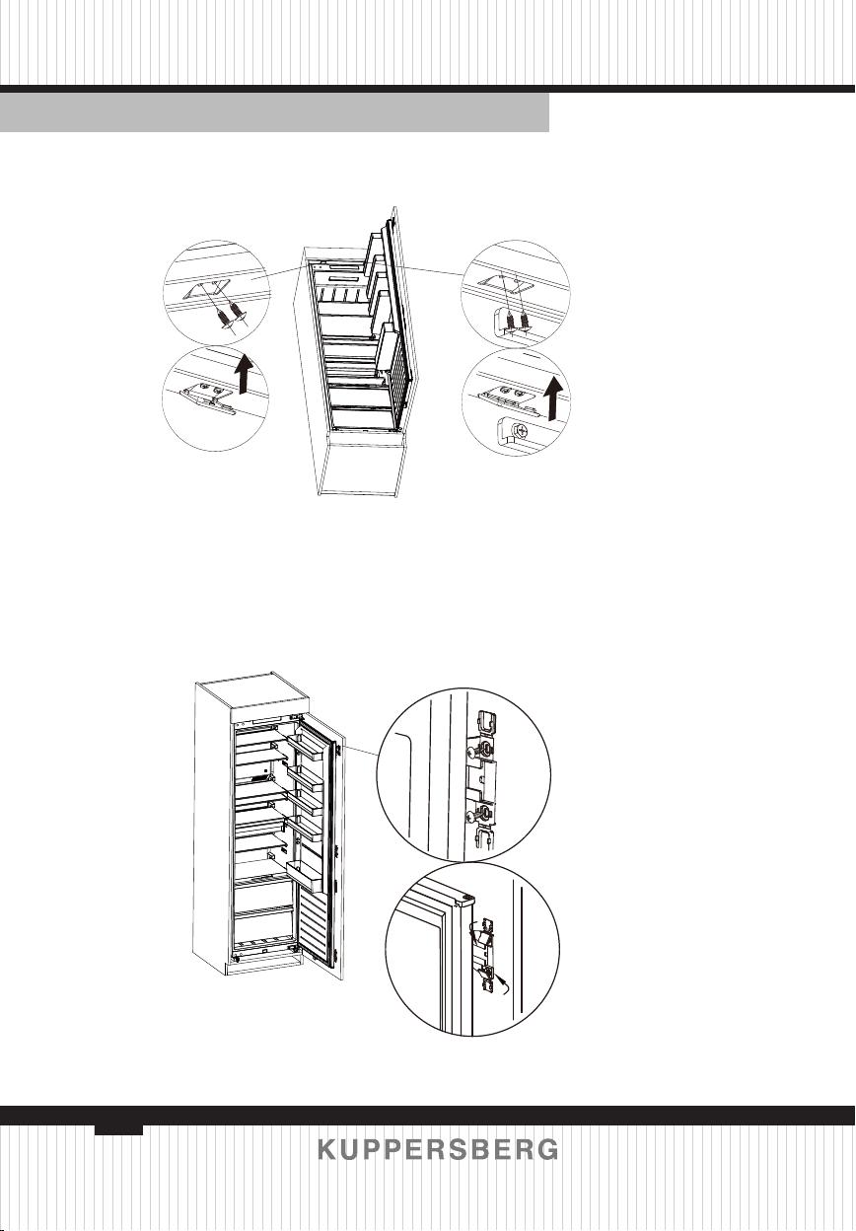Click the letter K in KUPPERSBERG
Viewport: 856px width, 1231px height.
(x=328, y=1150)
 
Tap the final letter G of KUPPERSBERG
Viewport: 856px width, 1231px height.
(x=547, y=1150)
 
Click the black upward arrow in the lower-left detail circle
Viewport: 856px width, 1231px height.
(x=244, y=374)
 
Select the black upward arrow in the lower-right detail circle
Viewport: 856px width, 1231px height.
(x=554, y=396)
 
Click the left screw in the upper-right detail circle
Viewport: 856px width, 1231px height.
(x=512, y=321)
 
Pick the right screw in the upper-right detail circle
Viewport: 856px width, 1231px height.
(x=526, y=321)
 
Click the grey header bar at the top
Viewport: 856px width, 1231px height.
(x=275, y=112)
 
